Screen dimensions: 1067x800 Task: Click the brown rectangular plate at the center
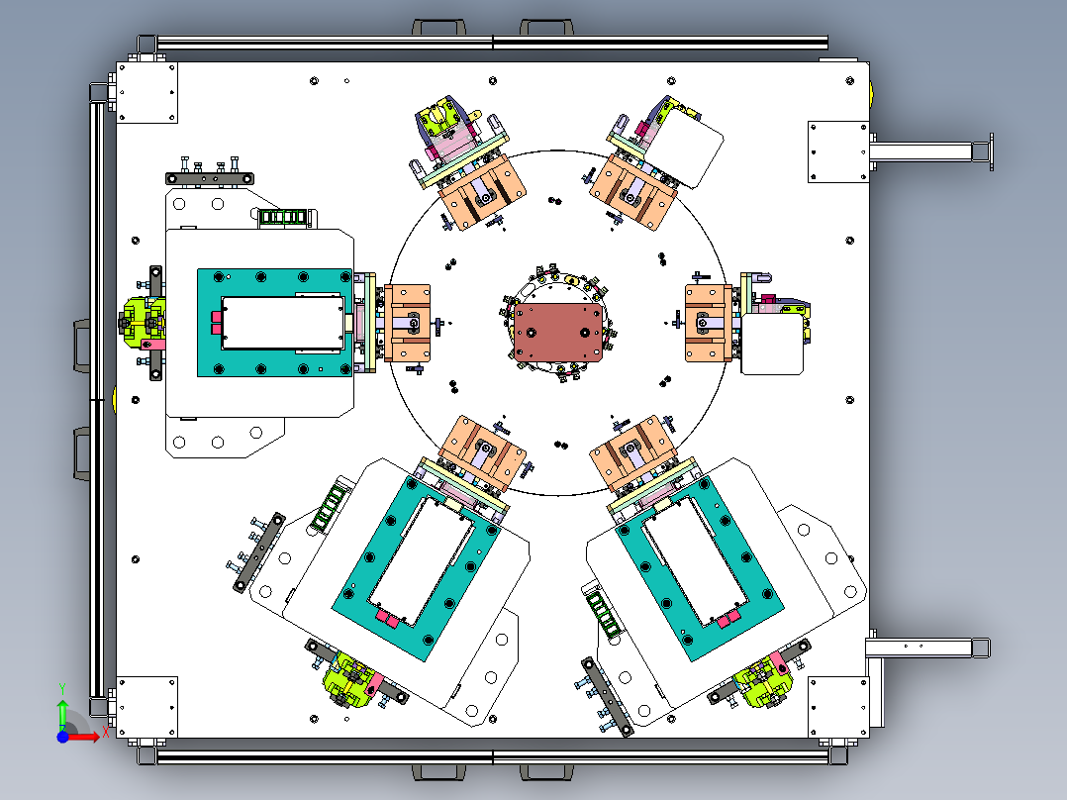(558, 333)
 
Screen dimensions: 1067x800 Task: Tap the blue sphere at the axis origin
(62, 737)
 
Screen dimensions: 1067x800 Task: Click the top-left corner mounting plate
(146, 93)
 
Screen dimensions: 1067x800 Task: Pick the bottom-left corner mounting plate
(146, 707)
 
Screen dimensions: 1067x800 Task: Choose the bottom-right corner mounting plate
(838, 707)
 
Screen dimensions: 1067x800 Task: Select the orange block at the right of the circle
(708, 324)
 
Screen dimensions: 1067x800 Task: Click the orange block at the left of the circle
(408, 323)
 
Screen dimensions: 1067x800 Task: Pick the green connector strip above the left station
(282, 217)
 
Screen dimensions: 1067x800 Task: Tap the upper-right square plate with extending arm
(838, 151)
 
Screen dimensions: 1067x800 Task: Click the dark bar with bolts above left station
(210, 178)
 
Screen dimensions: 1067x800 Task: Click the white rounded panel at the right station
(772, 344)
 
